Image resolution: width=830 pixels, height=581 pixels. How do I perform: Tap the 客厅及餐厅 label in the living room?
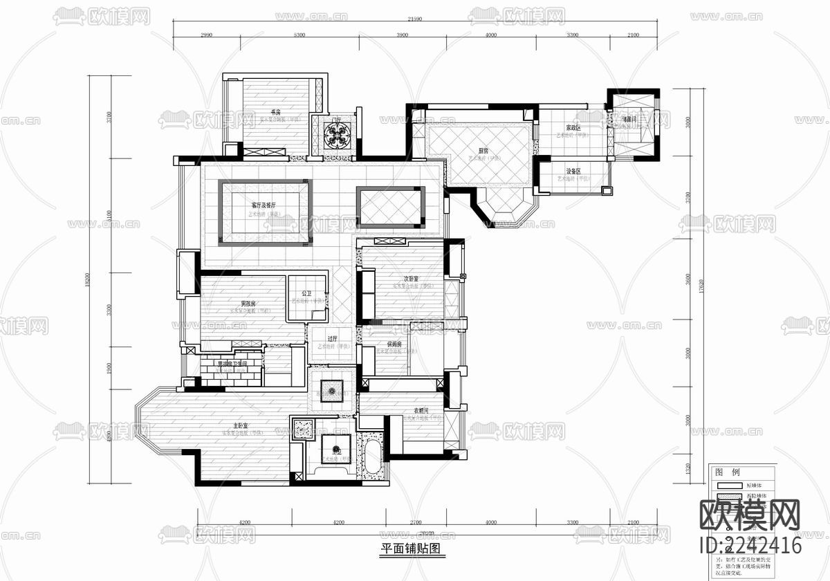tap(264, 205)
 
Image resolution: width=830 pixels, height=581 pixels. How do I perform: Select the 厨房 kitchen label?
tap(483, 150)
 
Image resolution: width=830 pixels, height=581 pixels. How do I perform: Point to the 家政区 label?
tap(573, 128)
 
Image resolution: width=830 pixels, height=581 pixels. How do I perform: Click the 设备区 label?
tap(573, 171)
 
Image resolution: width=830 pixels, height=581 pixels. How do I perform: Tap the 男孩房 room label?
tap(248, 304)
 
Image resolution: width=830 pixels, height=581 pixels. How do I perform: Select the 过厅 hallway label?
tap(332, 339)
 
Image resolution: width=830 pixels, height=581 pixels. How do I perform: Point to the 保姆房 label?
tap(396, 344)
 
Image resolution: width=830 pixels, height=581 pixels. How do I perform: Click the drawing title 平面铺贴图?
tap(410, 549)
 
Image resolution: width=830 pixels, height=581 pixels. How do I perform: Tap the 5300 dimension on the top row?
tap(299, 35)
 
